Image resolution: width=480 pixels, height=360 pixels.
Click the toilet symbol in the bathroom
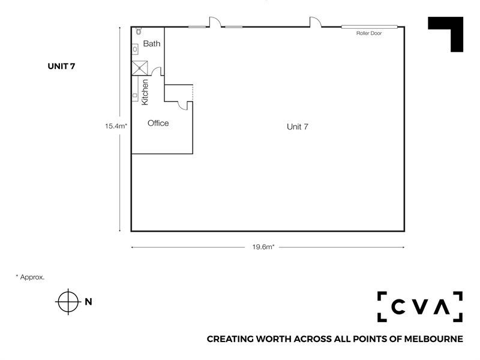pyautogui.click(x=139, y=31)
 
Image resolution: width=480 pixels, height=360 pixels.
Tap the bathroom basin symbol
pyautogui.click(x=135, y=49)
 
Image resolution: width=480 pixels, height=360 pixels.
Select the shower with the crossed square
pyautogui.click(x=140, y=68)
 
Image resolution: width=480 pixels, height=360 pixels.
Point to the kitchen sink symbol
pyautogui.click(x=135, y=95)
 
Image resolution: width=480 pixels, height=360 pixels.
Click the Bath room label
pyautogui.click(x=152, y=43)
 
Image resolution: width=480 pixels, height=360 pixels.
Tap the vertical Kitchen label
pyautogui.click(x=145, y=92)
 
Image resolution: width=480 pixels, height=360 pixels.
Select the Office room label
pyautogui.click(x=158, y=123)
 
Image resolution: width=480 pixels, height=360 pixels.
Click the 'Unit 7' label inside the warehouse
pyautogui.click(x=297, y=127)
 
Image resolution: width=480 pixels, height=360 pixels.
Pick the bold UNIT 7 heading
pyautogui.click(x=61, y=66)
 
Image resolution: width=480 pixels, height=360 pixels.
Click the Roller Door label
pyautogui.click(x=369, y=33)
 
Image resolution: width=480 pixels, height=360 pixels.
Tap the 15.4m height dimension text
pyautogui.click(x=116, y=126)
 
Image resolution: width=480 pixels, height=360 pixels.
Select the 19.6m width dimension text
pyautogui.click(x=263, y=247)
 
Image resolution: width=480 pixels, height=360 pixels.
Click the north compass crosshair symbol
pyautogui.click(x=68, y=302)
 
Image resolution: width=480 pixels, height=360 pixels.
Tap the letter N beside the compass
pyautogui.click(x=88, y=302)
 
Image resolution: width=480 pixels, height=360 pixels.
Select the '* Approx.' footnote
pyautogui.click(x=30, y=277)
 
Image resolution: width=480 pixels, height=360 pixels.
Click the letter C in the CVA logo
pyautogui.click(x=398, y=307)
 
